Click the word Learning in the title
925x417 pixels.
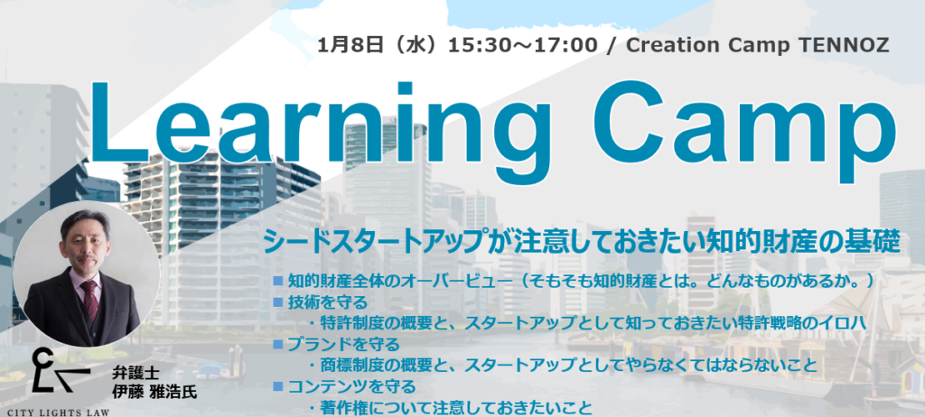(312, 126)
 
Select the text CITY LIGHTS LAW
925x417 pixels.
(58, 410)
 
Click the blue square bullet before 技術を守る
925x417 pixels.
(278, 302)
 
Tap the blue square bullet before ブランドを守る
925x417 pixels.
(278, 344)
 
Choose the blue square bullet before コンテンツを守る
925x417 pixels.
(278, 386)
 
